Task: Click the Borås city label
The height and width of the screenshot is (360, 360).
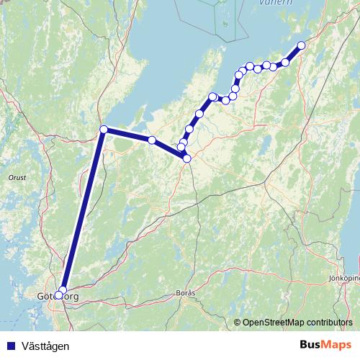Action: [x=185, y=293]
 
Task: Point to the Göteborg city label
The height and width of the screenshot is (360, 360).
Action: [x=57, y=296]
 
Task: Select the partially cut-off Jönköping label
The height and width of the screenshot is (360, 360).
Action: [x=344, y=277]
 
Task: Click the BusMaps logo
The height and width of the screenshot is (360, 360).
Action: [x=325, y=345]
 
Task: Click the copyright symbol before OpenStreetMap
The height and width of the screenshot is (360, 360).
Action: [x=238, y=323]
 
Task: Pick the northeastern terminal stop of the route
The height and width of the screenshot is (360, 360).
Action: [x=302, y=45]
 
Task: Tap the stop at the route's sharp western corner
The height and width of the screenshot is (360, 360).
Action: [x=104, y=130]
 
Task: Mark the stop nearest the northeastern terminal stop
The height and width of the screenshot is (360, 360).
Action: [x=285, y=63]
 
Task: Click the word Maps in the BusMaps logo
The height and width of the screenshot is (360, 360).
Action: [x=336, y=345]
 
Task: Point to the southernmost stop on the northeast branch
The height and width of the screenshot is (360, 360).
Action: [x=186, y=158]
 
